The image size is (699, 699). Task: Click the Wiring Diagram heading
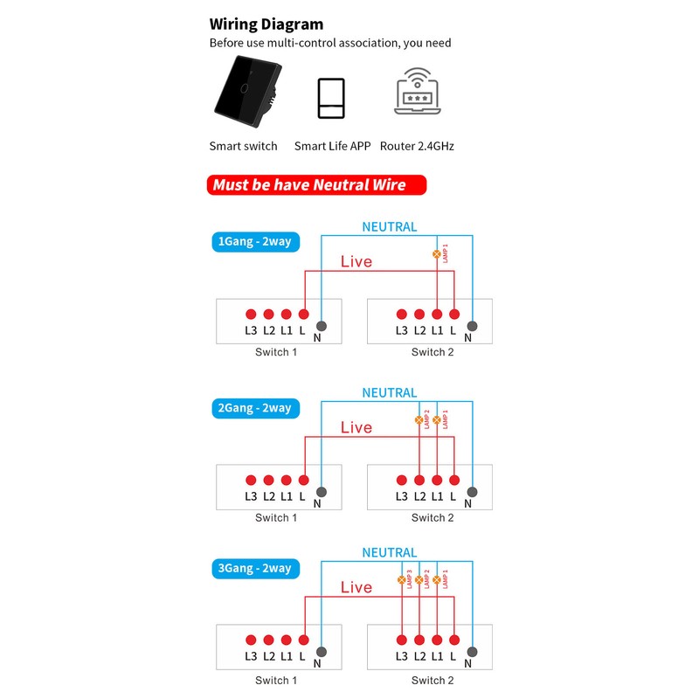[x=266, y=24]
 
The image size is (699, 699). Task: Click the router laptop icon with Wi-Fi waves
[x=417, y=90]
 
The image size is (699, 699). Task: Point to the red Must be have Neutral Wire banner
[x=318, y=184]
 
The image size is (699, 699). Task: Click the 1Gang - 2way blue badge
[x=254, y=241]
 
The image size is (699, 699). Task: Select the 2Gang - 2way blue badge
[x=254, y=408]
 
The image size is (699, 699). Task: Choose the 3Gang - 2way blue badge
[x=254, y=568]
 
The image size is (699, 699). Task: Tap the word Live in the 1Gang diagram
[x=356, y=261]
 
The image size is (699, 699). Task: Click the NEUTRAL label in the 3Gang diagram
[x=390, y=552]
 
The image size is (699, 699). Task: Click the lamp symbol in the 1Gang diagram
[x=437, y=253]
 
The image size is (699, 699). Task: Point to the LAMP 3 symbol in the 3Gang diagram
[x=401, y=579]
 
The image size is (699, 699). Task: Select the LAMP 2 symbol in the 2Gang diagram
[x=419, y=420]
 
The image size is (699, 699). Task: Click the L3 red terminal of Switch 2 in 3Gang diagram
[x=401, y=640]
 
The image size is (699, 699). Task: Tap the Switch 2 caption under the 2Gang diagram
[x=433, y=518]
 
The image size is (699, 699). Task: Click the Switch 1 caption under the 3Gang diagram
[x=276, y=680]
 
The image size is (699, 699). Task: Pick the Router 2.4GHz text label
[x=417, y=146]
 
